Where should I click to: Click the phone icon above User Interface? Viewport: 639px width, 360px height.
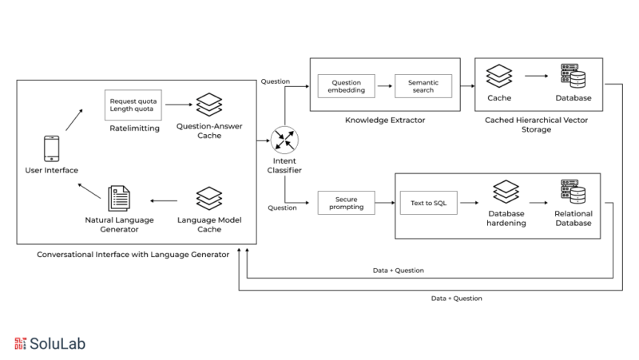(51, 148)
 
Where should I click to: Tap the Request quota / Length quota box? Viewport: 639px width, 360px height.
(133, 105)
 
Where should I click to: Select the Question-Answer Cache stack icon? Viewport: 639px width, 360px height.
(208, 105)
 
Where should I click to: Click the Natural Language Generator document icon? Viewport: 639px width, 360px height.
(119, 198)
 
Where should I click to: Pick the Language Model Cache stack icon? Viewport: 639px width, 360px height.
(208, 198)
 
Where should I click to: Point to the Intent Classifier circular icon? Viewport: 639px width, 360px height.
(284, 140)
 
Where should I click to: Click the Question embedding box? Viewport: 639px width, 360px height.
(347, 86)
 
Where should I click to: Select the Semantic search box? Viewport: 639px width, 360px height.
(423, 86)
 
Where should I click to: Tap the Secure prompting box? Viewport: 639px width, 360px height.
(346, 203)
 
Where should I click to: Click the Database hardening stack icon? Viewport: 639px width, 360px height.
(505, 192)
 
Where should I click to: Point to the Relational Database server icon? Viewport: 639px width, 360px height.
(572, 192)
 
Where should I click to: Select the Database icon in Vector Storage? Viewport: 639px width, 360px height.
(573, 77)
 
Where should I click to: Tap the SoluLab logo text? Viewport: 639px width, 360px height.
(58, 343)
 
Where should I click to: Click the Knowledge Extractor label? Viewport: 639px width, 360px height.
(384, 121)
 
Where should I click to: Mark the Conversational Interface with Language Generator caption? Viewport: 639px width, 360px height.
(133, 254)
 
